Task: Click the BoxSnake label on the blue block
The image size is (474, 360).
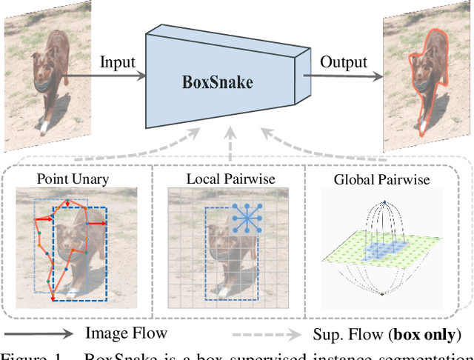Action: pos(217,81)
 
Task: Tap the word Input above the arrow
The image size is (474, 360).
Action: pos(117,61)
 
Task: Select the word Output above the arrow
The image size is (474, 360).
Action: pos(344,61)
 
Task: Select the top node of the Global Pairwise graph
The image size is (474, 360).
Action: pos(385,201)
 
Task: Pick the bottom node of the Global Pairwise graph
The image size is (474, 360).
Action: pos(381,295)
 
